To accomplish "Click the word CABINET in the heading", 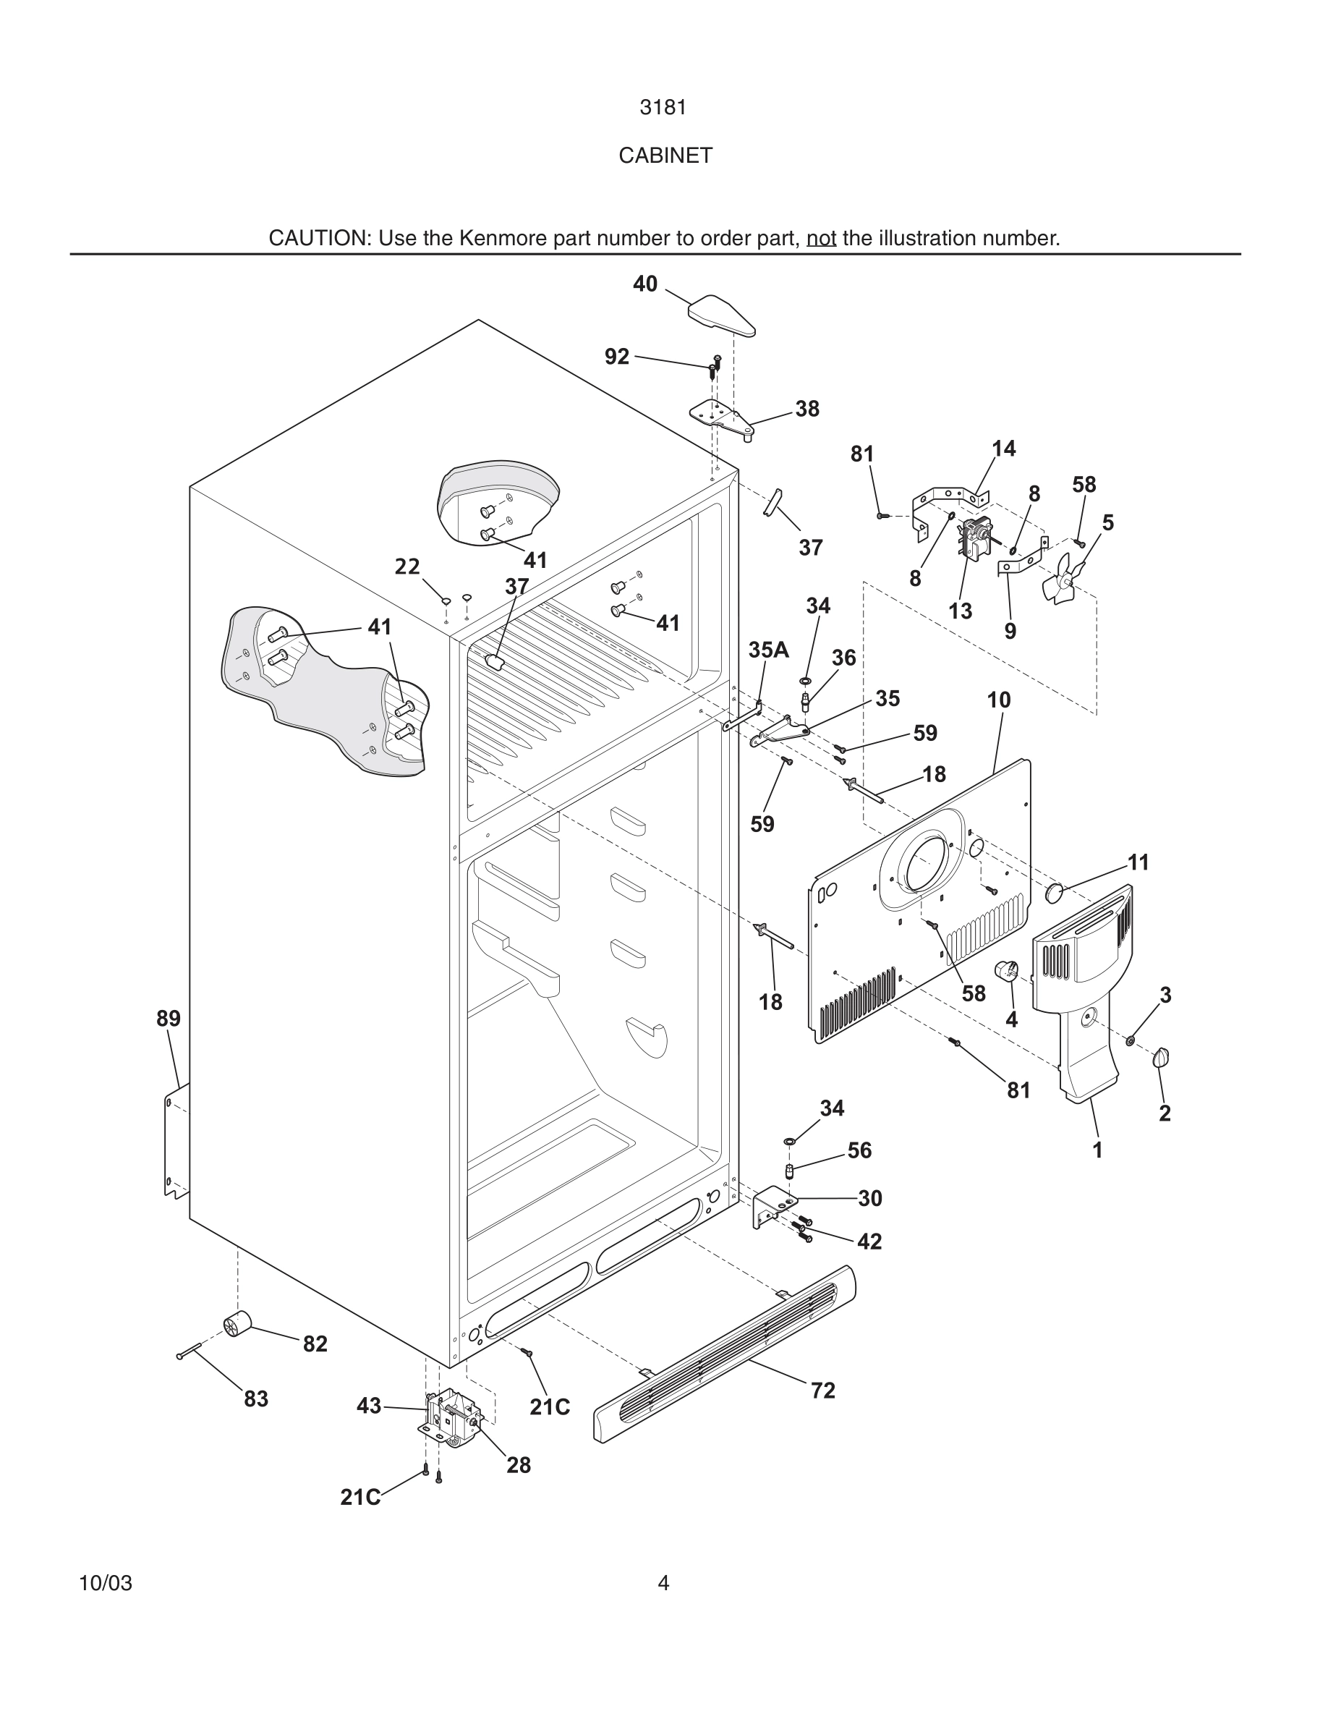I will pyautogui.click(x=665, y=156).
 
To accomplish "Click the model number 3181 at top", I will pyautogui.click(x=663, y=108).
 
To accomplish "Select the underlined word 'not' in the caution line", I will pyautogui.click(x=820, y=239).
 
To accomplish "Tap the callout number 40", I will pyautogui.click(x=645, y=284).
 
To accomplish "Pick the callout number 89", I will pyautogui.click(x=169, y=1019).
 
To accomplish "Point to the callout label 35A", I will pyautogui.click(x=768, y=650).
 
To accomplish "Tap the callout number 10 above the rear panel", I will pyautogui.click(x=998, y=700).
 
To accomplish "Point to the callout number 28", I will pyautogui.click(x=519, y=1465).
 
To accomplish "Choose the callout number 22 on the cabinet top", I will pyautogui.click(x=407, y=566).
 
